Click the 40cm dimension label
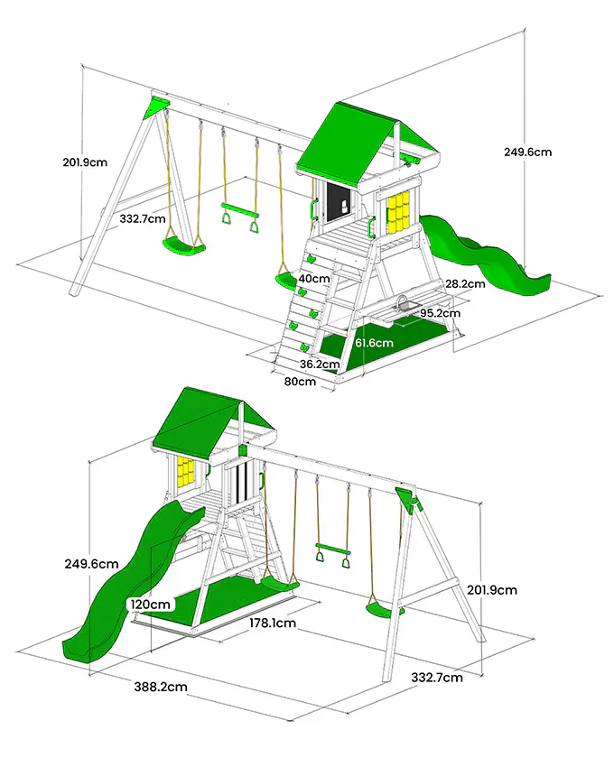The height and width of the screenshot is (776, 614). (x=314, y=279)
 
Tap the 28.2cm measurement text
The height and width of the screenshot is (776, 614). (x=465, y=284)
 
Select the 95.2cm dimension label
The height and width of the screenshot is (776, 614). (x=441, y=313)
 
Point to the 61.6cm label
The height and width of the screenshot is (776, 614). (x=375, y=343)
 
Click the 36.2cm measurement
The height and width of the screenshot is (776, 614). (x=320, y=365)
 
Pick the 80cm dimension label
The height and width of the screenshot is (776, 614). (x=300, y=382)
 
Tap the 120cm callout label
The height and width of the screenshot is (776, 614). (x=151, y=605)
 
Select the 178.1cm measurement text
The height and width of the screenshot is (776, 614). (x=273, y=623)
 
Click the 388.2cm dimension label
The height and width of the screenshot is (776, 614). (x=161, y=687)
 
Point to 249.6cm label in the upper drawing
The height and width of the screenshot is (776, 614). (x=528, y=152)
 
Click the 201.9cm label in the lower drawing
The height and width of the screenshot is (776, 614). (x=492, y=590)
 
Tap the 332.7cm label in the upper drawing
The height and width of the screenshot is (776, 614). (x=143, y=218)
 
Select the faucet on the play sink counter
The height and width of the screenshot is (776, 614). (x=402, y=302)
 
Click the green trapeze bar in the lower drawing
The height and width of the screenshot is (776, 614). (x=333, y=548)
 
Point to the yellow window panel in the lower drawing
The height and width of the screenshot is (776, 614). (x=184, y=472)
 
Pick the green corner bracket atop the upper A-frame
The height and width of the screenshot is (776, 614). (x=156, y=107)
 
